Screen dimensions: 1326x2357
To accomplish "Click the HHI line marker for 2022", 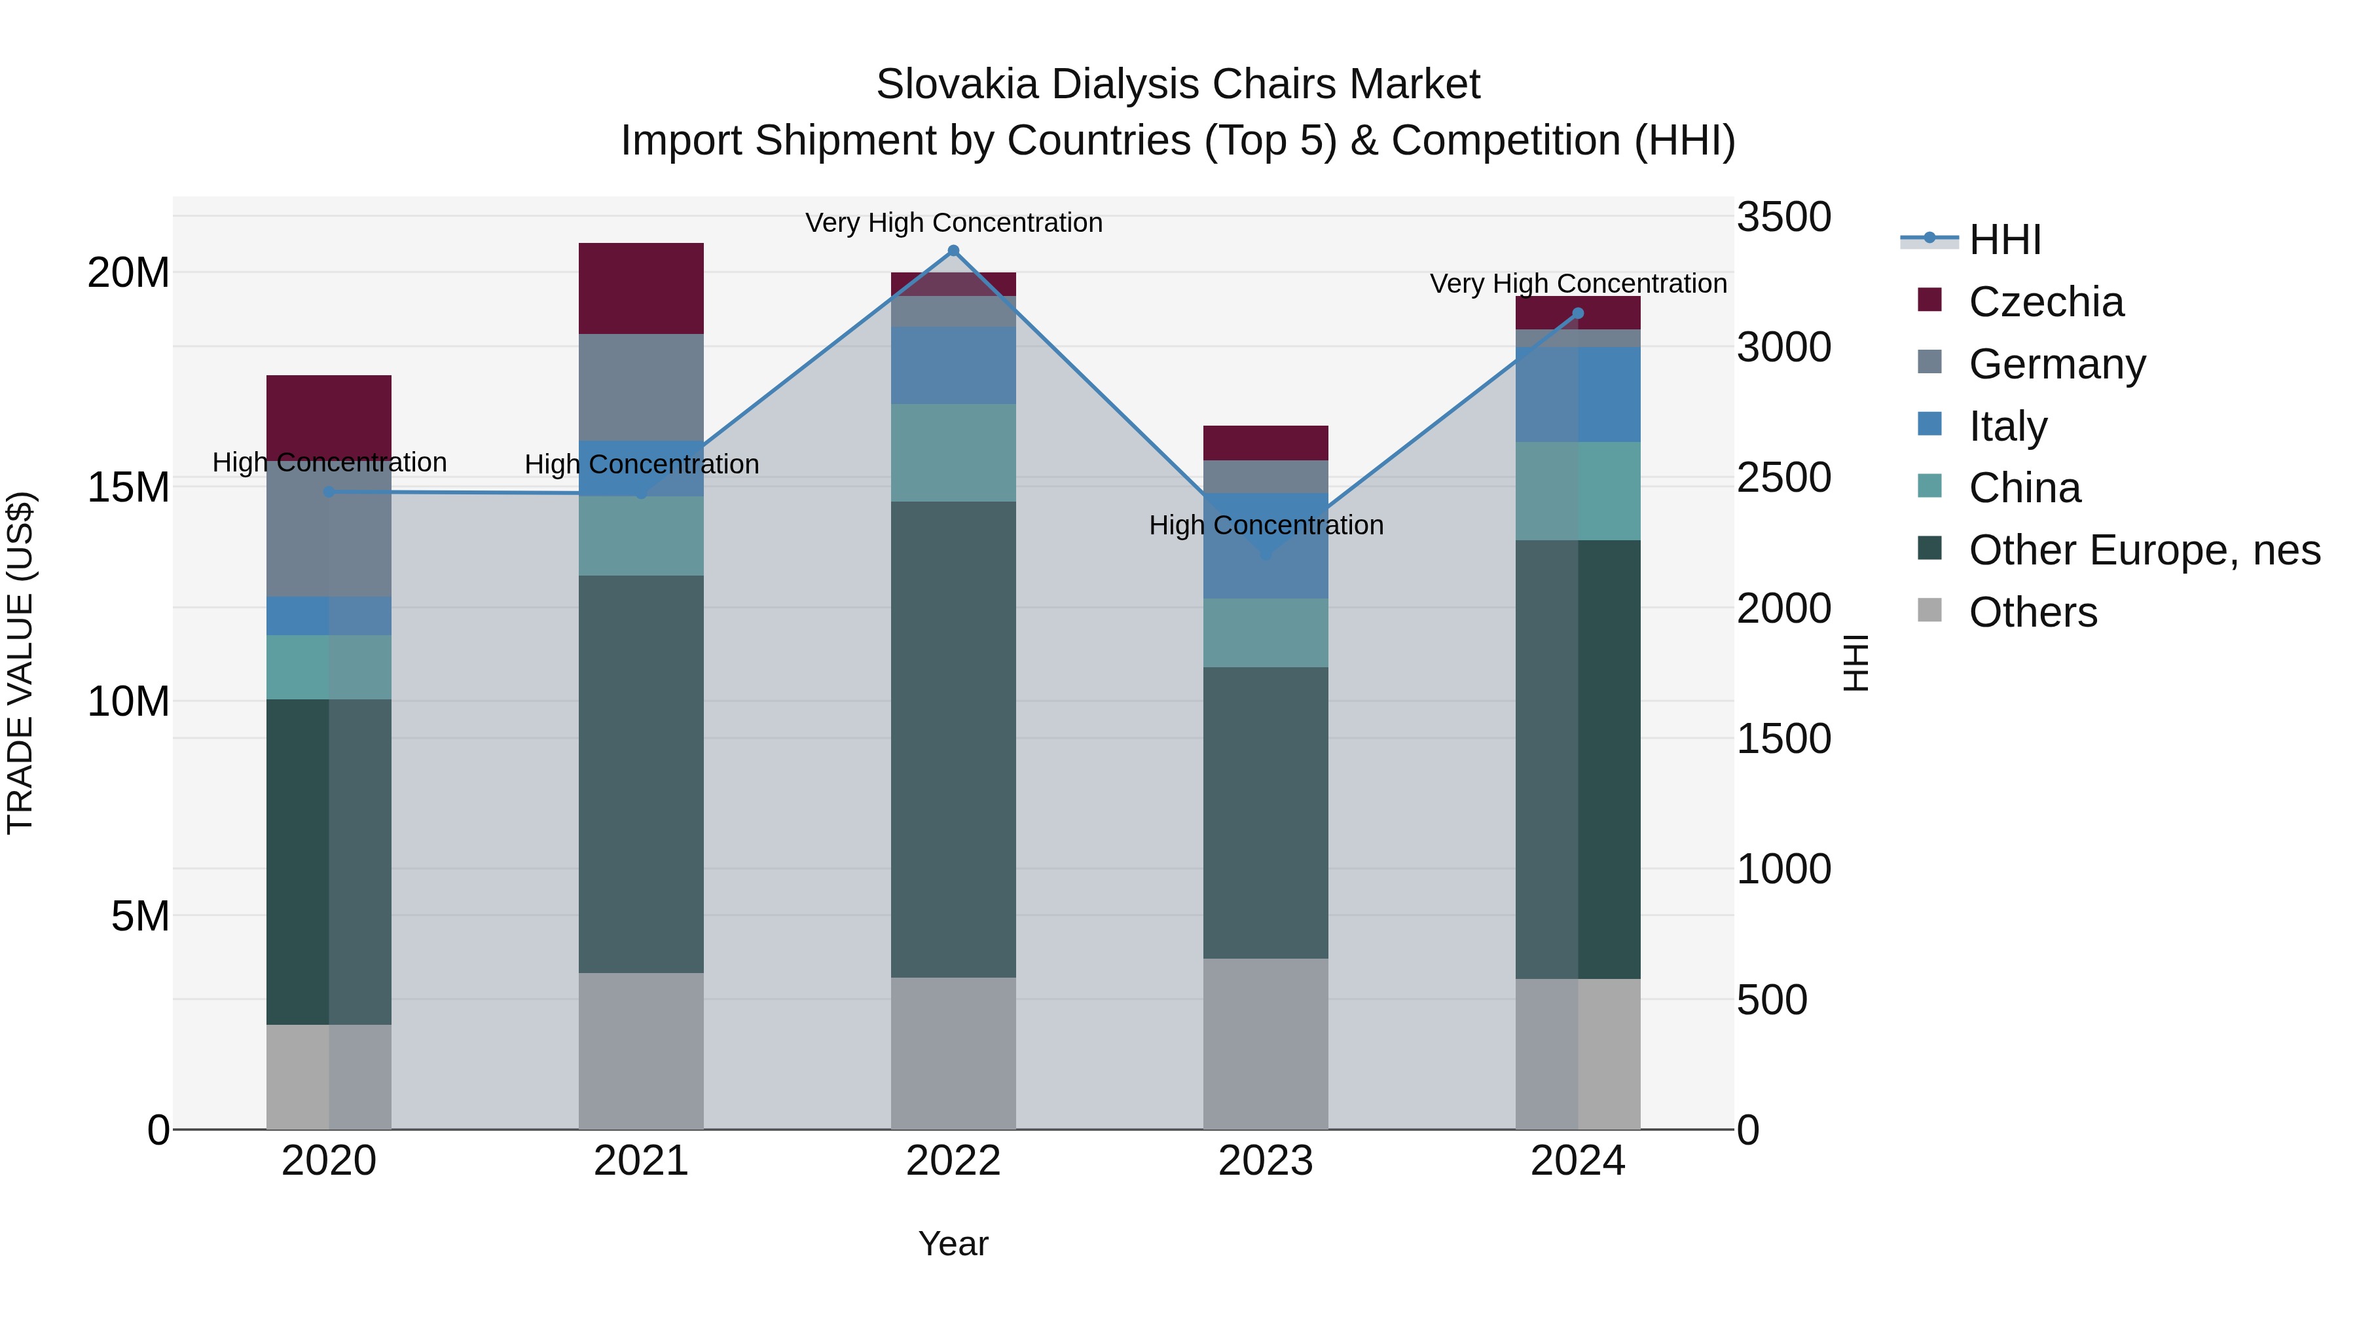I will (953, 251).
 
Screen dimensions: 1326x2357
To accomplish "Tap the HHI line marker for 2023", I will (1266, 553).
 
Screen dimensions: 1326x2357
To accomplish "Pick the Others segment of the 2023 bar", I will (1266, 1043).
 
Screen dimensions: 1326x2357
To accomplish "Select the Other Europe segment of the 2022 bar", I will (953, 739).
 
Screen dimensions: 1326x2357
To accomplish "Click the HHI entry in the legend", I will (2004, 240).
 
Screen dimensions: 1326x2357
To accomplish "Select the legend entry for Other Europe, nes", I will (2144, 550).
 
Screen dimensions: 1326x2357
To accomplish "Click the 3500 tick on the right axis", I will (1783, 218).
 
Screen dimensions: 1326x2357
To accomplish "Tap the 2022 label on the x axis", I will (953, 1161).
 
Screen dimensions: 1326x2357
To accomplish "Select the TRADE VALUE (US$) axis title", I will (20, 663).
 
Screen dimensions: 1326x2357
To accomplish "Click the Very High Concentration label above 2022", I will (953, 223).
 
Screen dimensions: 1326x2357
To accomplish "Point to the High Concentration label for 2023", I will (1266, 525).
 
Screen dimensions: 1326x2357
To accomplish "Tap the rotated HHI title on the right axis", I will (1855, 663).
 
